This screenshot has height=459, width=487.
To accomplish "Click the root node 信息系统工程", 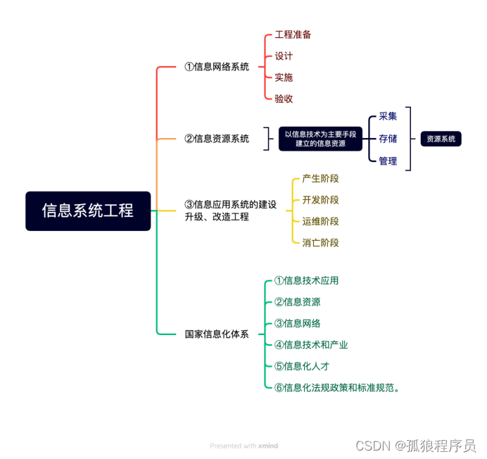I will coord(88,210).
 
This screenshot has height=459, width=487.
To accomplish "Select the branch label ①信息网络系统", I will coord(217,67).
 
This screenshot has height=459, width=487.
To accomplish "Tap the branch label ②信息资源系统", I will coord(217,139).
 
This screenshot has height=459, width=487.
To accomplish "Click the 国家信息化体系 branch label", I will coord(217,334).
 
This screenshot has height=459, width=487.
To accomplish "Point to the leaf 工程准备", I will coord(293,34).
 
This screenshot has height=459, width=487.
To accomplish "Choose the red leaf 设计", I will coord(284,56).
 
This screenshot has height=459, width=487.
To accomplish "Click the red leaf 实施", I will coord(284,77).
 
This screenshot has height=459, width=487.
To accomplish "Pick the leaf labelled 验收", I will coord(284,99).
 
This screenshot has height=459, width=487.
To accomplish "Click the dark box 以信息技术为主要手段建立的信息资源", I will coord(320,139).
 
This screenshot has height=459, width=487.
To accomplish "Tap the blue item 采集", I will coord(388,116).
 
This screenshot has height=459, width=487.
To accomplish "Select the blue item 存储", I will coord(388,139).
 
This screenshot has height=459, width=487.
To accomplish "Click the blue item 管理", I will coord(388,161).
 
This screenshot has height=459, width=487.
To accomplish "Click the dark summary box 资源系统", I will coord(441,139).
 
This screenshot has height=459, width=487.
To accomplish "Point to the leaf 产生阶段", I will coord(320,179).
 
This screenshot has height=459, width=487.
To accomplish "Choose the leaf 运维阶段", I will coord(320,221).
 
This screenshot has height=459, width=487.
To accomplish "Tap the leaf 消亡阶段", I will coord(320,243).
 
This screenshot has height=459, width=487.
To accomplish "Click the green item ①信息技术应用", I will coord(306,280).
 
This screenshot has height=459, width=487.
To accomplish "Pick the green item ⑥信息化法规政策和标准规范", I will coord(337,387).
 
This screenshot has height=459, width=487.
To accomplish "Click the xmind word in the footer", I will coord(268,446).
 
